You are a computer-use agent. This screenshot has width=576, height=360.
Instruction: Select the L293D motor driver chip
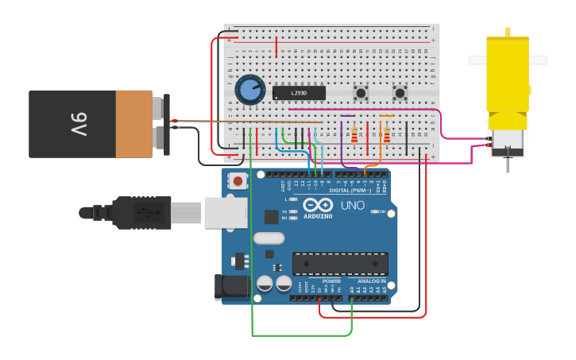pos(299,93)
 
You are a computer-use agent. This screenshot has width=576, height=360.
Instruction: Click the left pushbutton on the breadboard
pos(361,93)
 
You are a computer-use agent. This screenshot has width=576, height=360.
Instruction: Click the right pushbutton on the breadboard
pos(400,93)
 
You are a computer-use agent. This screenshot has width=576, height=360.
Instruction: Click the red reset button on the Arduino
pos(238,181)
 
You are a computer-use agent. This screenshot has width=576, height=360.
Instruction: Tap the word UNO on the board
pos(353,205)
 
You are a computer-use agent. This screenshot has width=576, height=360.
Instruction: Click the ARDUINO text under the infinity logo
pos(317,216)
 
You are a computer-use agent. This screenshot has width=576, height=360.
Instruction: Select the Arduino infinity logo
pos(317,204)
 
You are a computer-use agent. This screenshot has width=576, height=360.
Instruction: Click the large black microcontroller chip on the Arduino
pos(340,263)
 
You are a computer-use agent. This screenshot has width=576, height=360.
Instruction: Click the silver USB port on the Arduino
pos(226,212)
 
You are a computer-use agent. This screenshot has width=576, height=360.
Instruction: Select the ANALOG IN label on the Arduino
pos(371,281)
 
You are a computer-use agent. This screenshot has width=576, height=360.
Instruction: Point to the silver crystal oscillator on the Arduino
pos(269,238)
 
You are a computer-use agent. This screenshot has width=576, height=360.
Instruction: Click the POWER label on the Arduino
pos(331,281)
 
